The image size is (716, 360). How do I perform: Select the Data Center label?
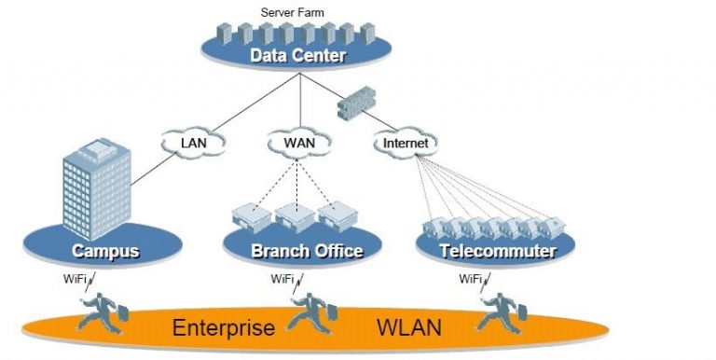297,57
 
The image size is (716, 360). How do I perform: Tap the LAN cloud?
192,144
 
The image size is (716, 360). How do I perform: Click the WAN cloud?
298,144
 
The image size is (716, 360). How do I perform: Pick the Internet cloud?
406,144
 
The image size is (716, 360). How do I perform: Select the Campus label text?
105,251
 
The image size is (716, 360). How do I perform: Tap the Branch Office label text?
307,251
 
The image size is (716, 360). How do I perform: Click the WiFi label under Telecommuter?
471,279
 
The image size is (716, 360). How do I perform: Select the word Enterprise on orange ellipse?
224,328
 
